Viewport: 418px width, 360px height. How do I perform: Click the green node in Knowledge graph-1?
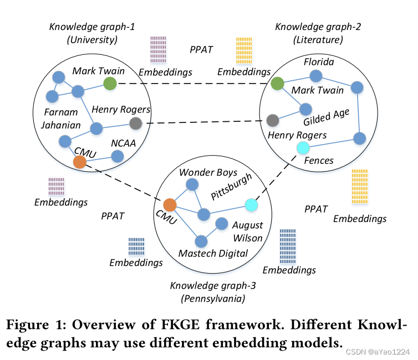[x=110, y=84]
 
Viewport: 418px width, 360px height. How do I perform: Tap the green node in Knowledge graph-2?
[x=278, y=84]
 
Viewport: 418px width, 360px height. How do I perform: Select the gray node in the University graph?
[x=136, y=123]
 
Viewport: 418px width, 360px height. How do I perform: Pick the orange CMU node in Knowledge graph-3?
[x=170, y=205]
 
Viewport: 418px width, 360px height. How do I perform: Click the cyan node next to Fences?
[x=302, y=147]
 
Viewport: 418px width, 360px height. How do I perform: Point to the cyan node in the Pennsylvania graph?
[x=252, y=205]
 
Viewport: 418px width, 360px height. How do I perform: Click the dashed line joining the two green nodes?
[x=194, y=84]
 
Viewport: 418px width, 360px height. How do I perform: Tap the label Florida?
[x=318, y=62]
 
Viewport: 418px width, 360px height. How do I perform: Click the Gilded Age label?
[x=327, y=117]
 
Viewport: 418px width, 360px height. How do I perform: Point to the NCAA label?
[x=123, y=142]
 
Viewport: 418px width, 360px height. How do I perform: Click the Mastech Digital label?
[x=213, y=253]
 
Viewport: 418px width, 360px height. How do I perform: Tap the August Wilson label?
[x=247, y=232]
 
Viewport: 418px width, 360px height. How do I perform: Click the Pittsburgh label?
[x=232, y=188]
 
